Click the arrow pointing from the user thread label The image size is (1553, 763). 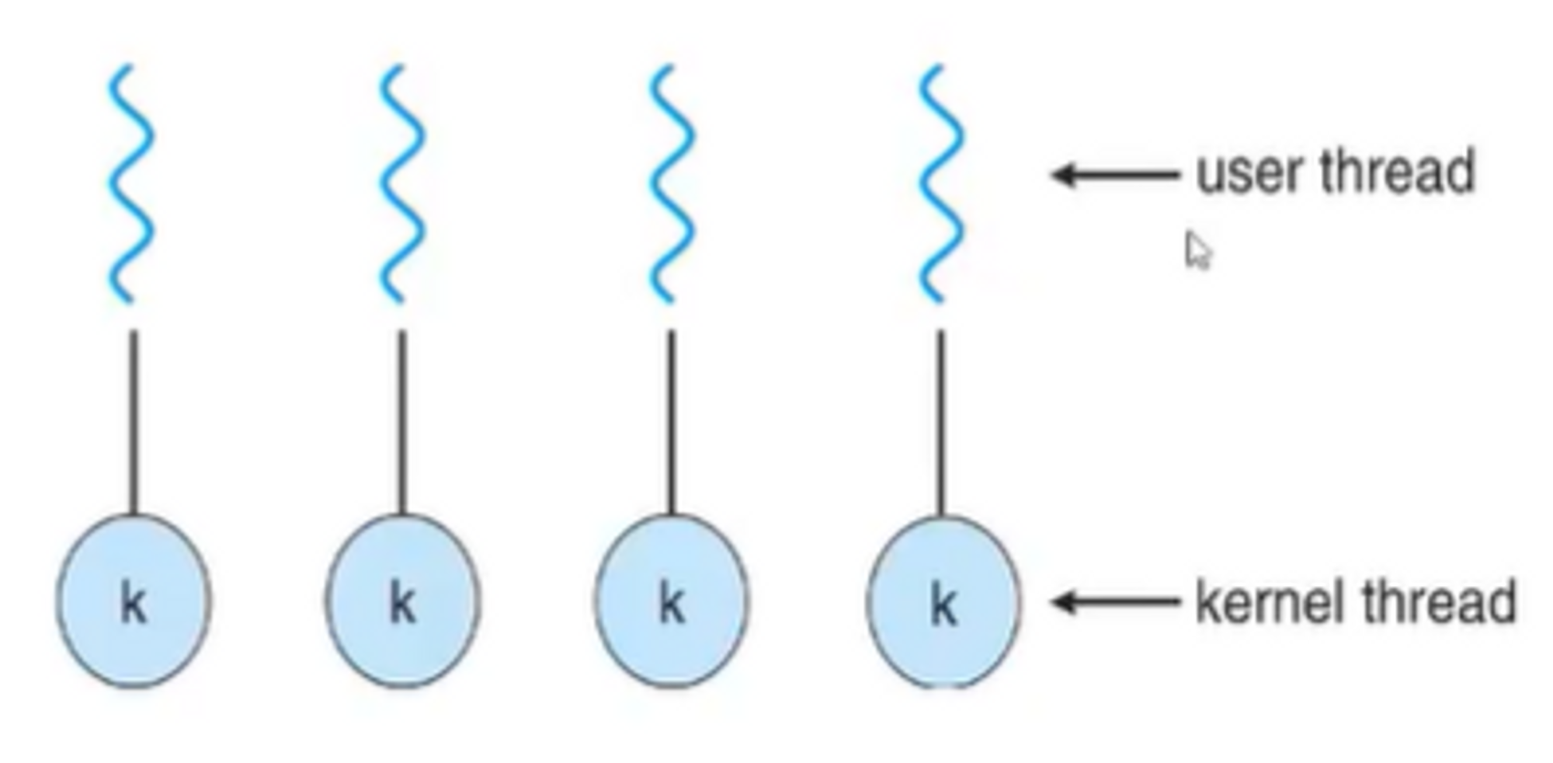tap(1114, 175)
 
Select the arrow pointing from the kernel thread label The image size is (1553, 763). tap(1114, 601)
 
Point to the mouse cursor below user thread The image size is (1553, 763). tap(1197, 250)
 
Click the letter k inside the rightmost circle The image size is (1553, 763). tap(943, 604)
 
